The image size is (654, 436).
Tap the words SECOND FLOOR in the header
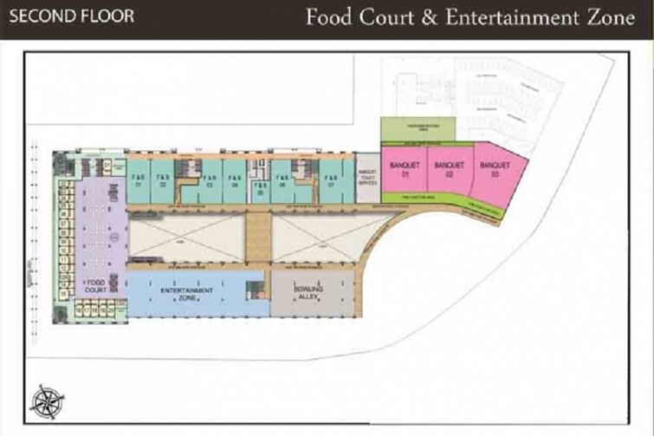pyautogui.click(x=72, y=16)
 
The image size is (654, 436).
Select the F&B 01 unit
pyautogui.click(x=139, y=180)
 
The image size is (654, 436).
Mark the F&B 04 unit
pyautogui.click(x=234, y=180)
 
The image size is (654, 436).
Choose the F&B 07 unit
pyautogui.click(x=330, y=180)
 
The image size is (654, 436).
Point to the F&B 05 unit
pyautogui.click(x=259, y=192)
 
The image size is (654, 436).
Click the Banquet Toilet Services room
pyautogui.click(x=367, y=178)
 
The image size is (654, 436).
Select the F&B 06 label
pyautogui.click(x=282, y=180)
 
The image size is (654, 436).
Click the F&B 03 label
pyautogui.click(x=210, y=180)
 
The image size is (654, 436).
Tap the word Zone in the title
pyautogui.click(x=610, y=17)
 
